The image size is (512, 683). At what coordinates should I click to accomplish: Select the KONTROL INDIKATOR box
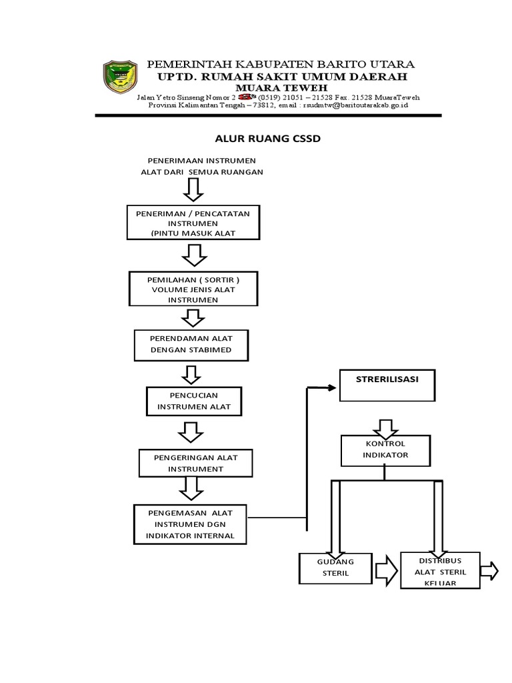pyautogui.click(x=385, y=450)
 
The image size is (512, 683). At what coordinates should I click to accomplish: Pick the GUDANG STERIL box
pyautogui.click(x=335, y=568)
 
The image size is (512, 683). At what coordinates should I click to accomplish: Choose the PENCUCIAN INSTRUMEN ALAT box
pyautogui.click(x=193, y=400)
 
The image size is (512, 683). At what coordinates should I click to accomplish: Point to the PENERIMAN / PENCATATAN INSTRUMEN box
pyautogui.click(x=193, y=222)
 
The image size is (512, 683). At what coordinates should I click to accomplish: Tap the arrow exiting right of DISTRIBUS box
pyautogui.click(x=489, y=571)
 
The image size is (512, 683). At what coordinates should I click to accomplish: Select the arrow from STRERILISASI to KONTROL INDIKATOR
pyautogui.click(x=385, y=427)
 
